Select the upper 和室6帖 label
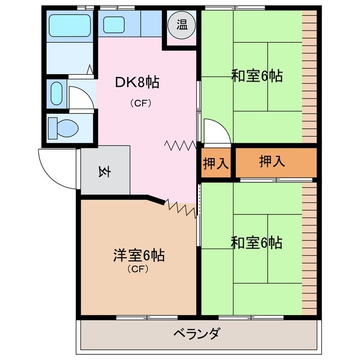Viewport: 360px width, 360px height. coord(256,76)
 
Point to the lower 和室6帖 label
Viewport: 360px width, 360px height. coord(256,242)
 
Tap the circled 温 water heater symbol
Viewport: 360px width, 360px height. coord(182,25)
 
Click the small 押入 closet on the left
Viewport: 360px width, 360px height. coord(215,164)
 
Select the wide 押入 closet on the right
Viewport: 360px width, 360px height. coord(272,162)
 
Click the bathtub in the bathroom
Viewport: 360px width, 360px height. coord(70,25)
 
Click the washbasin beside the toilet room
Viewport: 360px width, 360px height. coord(57,93)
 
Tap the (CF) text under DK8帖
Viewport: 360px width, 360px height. coord(140,103)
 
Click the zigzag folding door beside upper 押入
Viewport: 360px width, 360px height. coord(180,145)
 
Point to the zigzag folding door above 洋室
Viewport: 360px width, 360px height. coord(181,208)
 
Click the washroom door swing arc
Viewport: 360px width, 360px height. coord(79,96)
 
